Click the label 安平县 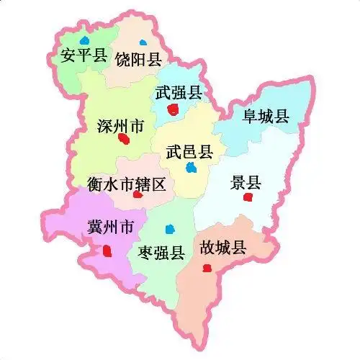[x=84, y=55]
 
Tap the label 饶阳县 [x=138, y=59]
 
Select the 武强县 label [x=179, y=92]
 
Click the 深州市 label [x=120, y=126]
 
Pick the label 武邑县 [x=189, y=152]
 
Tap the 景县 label [x=246, y=182]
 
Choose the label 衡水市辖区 [x=127, y=184]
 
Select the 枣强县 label [x=161, y=252]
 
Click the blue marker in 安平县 [x=86, y=39]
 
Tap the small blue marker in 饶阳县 [x=143, y=40]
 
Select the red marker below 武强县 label [x=172, y=109]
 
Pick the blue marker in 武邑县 [x=191, y=168]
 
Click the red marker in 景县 [x=248, y=197]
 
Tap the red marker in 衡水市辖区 [x=138, y=195]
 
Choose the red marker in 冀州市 [x=107, y=251]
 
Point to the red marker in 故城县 [x=207, y=268]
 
